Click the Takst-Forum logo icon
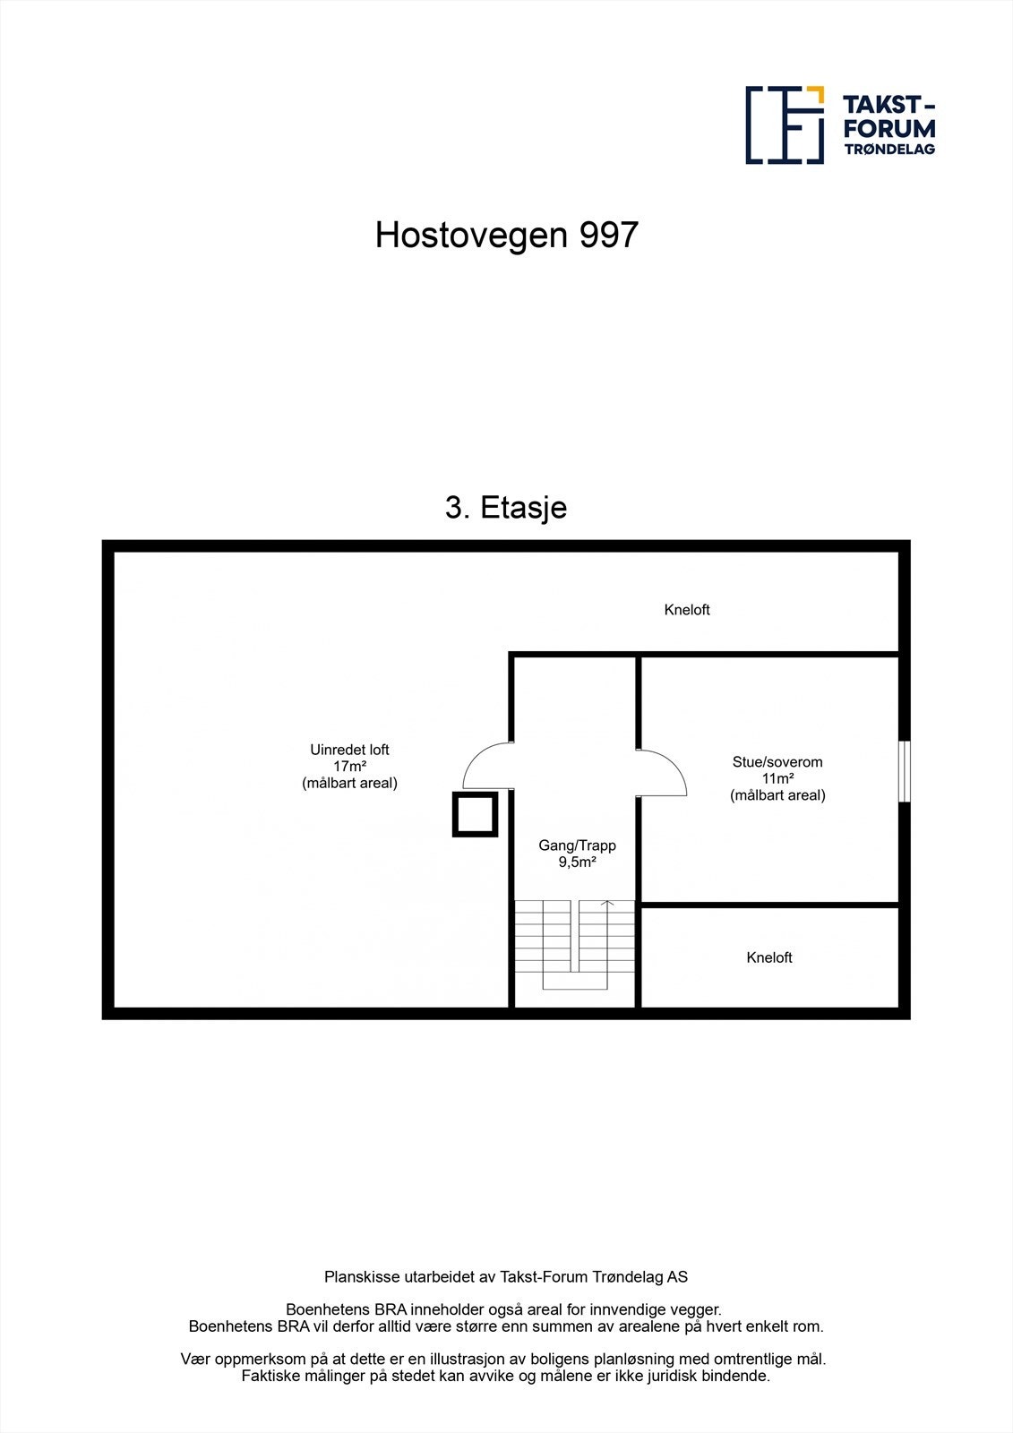785,125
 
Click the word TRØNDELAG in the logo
889,150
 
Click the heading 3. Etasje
506,508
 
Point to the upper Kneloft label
687,610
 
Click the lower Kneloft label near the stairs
769,957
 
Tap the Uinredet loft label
349,750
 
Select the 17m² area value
349,767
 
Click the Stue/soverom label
777,762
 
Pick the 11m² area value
777,778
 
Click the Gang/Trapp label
577,845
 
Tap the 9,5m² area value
577,862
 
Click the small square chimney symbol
475,814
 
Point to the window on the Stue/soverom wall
905,771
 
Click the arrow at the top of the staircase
608,904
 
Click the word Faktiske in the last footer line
270,1376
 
